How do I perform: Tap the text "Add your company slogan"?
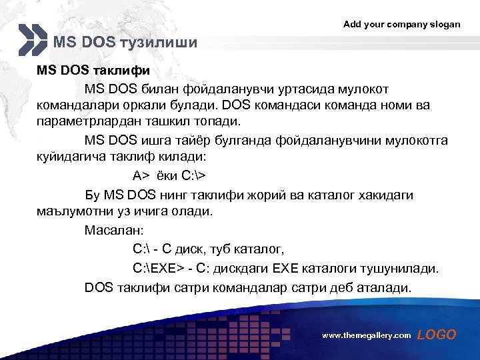click(x=401, y=24)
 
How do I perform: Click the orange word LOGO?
click(x=437, y=335)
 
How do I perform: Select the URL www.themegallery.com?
click(x=366, y=336)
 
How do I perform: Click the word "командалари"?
click(x=75, y=106)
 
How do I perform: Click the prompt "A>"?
click(x=141, y=176)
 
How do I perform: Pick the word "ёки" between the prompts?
click(x=168, y=176)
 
